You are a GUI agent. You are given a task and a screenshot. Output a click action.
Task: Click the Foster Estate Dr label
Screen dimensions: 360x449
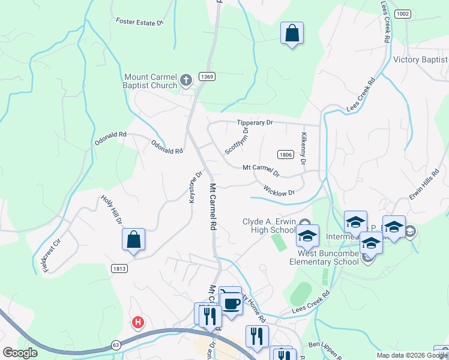click(139, 22)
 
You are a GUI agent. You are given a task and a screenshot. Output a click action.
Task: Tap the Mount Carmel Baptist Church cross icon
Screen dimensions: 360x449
click(186, 79)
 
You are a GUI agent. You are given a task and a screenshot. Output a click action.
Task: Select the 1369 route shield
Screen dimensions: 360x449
click(206, 76)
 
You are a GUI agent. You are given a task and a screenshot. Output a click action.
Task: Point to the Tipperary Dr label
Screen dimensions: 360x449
click(255, 122)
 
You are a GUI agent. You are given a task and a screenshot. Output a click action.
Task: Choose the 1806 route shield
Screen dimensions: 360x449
click(285, 155)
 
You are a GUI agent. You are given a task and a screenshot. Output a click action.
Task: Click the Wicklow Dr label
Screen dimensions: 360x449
click(279, 190)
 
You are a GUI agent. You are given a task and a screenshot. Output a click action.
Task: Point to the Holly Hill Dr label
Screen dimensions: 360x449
click(112, 209)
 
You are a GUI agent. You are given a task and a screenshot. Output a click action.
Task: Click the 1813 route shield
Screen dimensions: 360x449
click(118, 268)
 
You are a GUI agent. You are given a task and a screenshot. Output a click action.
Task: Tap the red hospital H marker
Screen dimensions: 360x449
click(138, 323)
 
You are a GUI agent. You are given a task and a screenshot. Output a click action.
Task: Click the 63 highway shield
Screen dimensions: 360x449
click(115, 344)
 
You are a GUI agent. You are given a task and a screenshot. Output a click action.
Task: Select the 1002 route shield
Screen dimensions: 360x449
click(403, 13)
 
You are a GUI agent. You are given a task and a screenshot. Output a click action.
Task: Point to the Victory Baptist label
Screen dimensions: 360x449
click(420, 59)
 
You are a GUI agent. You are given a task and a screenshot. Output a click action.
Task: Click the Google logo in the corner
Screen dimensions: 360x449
click(20, 353)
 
